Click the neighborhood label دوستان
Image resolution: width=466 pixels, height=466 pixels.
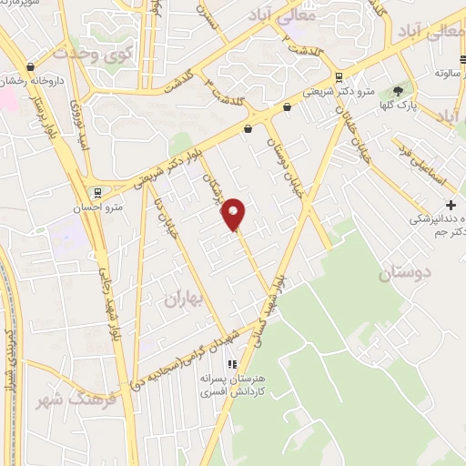point(401,273)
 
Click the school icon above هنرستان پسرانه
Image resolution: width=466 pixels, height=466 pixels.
point(230,365)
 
